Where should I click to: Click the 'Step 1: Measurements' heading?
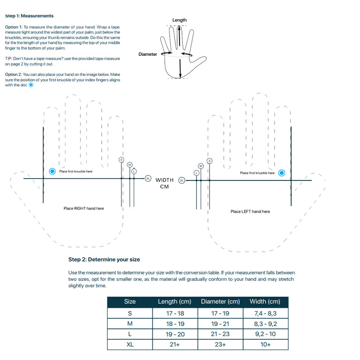29,16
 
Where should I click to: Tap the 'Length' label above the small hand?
180,20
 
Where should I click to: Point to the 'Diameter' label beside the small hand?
148,54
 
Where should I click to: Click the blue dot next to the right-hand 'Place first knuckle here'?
52,172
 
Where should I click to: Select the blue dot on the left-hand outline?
282,173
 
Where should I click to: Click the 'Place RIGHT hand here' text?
84,209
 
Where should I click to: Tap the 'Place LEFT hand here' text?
250,211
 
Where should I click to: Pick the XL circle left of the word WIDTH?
148,179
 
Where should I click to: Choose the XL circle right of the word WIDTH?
182,180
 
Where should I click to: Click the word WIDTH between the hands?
165,180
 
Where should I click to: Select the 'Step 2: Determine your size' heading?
104,259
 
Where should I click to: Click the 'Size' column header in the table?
130,301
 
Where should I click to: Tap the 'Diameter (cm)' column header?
220,301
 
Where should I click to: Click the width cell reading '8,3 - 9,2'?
265,323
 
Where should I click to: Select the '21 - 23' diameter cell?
220,334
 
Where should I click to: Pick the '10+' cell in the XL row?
265,345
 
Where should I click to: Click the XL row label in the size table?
130,345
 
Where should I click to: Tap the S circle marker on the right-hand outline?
122,160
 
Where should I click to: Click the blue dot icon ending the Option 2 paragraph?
31,85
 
